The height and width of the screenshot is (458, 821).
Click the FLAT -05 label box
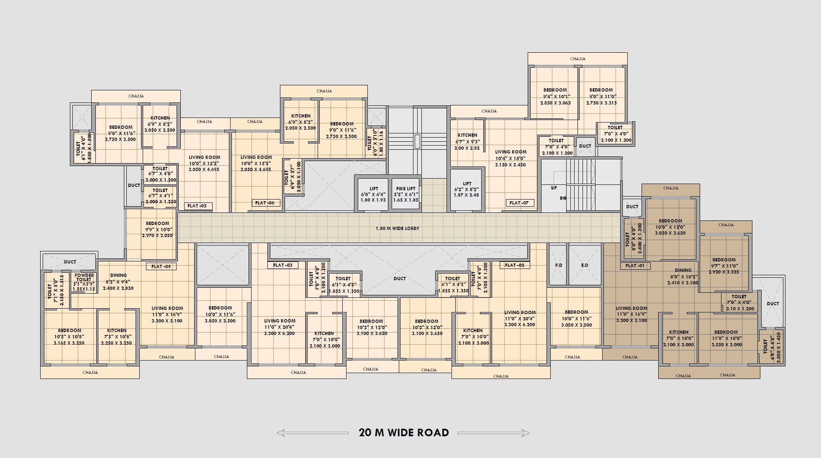[x=198, y=206]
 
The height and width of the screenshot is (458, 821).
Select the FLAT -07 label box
[x=519, y=203]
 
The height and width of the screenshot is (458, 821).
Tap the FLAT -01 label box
[x=635, y=266]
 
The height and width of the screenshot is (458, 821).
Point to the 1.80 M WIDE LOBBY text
[x=397, y=228]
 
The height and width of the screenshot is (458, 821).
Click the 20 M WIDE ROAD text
[x=404, y=432]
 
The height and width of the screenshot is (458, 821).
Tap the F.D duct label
[x=558, y=265]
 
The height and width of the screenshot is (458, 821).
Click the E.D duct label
[x=585, y=265]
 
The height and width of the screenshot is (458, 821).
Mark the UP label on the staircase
[x=554, y=188]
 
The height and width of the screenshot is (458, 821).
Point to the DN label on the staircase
[x=563, y=198]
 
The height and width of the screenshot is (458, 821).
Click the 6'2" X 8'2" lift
[x=467, y=189]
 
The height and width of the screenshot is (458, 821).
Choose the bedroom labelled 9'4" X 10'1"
[x=555, y=96]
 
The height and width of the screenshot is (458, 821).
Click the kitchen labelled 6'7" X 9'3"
[x=467, y=141]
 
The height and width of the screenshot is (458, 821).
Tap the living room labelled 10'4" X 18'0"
[x=511, y=158]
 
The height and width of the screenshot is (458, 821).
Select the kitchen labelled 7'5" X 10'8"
[x=116, y=336]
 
